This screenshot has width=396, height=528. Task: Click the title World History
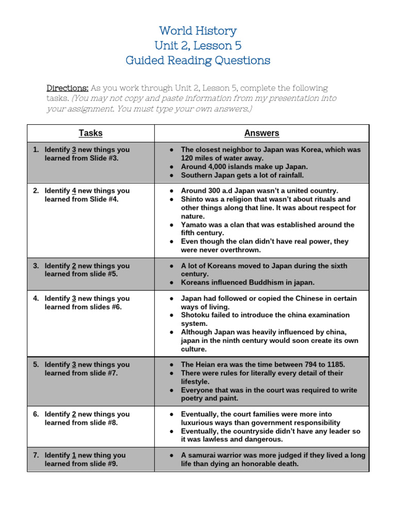[198, 30]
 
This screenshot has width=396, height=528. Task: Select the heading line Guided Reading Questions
[198, 60]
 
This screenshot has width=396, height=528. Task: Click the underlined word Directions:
[68, 88]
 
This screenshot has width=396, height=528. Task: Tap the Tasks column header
[90, 133]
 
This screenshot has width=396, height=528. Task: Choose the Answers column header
[261, 133]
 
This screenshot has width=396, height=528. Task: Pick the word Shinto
[192, 199]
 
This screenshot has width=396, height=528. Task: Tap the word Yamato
[194, 225]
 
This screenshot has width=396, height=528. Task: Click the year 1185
[334, 365]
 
